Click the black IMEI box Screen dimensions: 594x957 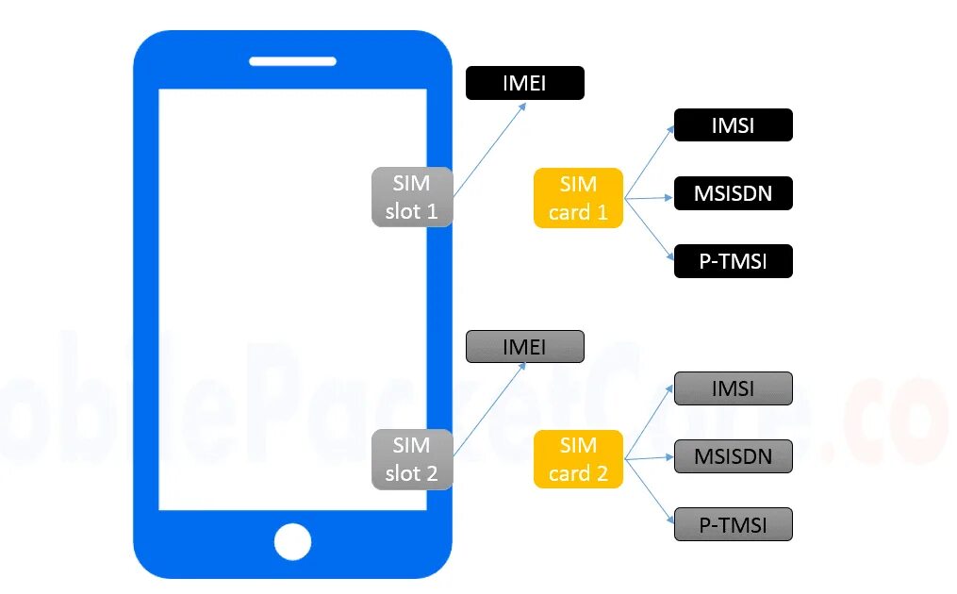[x=524, y=83]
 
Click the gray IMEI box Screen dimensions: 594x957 [x=524, y=347]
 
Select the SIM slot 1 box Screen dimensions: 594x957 [x=412, y=197]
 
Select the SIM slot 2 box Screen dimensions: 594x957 [x=412, y=459]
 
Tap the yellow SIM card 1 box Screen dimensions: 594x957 [x=578, y=198]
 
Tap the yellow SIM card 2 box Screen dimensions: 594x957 [x=578, y=459]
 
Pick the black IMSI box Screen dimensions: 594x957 [x=733, y=125]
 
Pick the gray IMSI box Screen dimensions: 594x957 [x=733, y=388]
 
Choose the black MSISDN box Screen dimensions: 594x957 [x=733, y=194]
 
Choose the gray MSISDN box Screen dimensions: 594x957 [x=733, y=456]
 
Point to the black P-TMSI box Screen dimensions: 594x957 [x=733, y=261]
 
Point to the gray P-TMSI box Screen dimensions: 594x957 [x=733, y=524]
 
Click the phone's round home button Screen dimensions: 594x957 [x=292, y=542]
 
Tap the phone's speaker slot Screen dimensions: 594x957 [x=292, y=61]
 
